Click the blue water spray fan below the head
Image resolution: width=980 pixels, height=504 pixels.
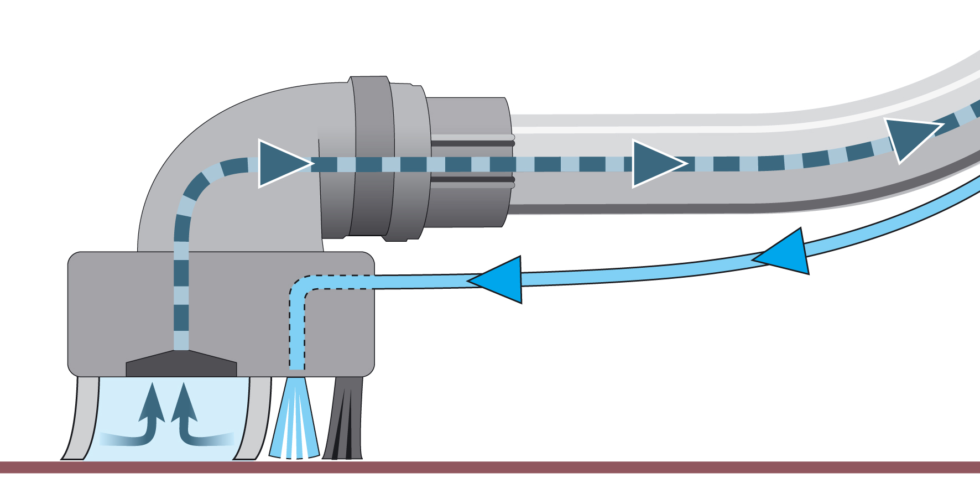click(295, 420)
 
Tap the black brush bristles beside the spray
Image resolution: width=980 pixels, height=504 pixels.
click(344, 420)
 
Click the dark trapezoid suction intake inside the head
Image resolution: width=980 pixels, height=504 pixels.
click(181, 365)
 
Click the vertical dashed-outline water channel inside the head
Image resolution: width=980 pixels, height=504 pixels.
click(297, 332)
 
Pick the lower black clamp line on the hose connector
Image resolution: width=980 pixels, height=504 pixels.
click(473, 179)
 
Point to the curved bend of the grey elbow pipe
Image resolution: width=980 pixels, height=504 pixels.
click(188, 144)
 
